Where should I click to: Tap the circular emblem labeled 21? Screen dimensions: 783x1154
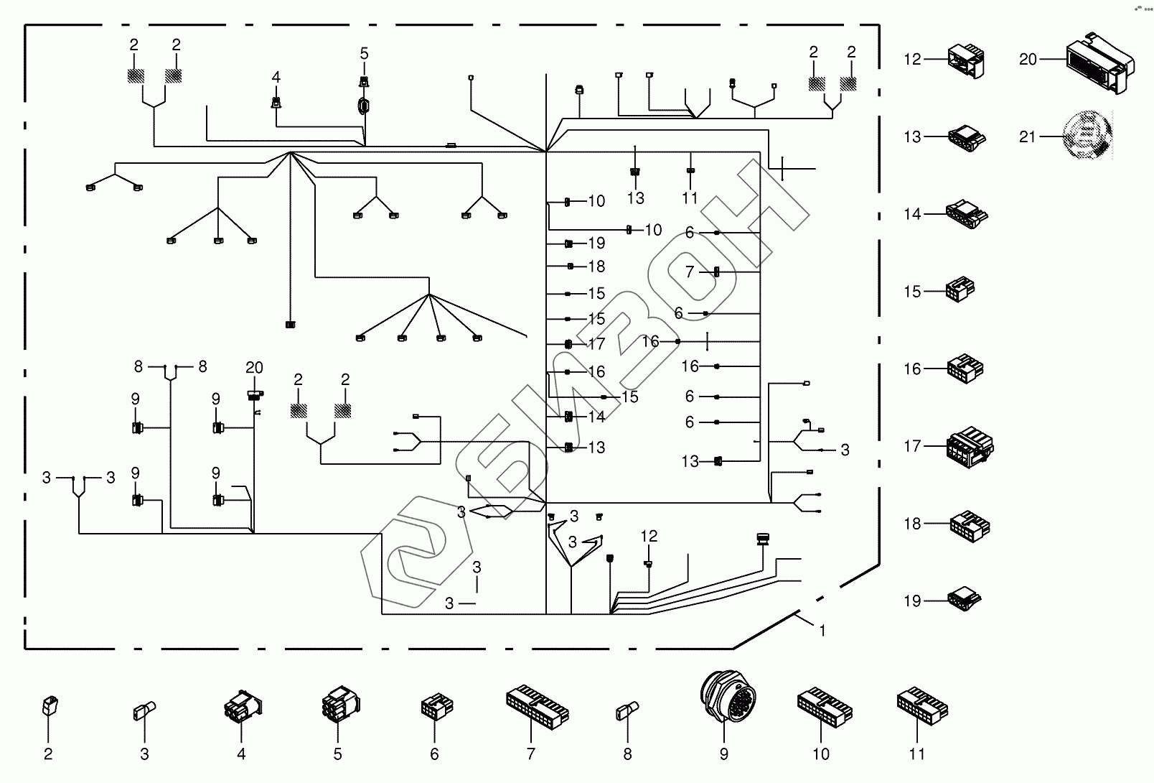coord(1088,136)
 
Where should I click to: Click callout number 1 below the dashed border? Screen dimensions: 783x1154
coord(822,631)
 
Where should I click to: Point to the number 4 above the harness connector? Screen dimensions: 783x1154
coord(276,77)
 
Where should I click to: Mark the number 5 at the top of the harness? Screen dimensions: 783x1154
coord(364,53)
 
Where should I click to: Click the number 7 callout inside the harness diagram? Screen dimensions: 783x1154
coord(690,272)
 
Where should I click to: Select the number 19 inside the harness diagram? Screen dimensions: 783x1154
coord(596,244)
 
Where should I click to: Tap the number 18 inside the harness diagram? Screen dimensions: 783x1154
coord(596,267)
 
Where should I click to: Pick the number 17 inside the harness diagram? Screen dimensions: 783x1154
coord(596,344)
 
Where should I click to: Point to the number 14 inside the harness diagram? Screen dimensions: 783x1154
coord(596,417)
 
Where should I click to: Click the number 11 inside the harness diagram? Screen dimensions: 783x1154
coord(690,198)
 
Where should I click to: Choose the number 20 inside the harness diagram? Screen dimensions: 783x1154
coord(254,368)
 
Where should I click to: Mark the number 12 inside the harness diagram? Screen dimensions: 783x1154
coord(649,536)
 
